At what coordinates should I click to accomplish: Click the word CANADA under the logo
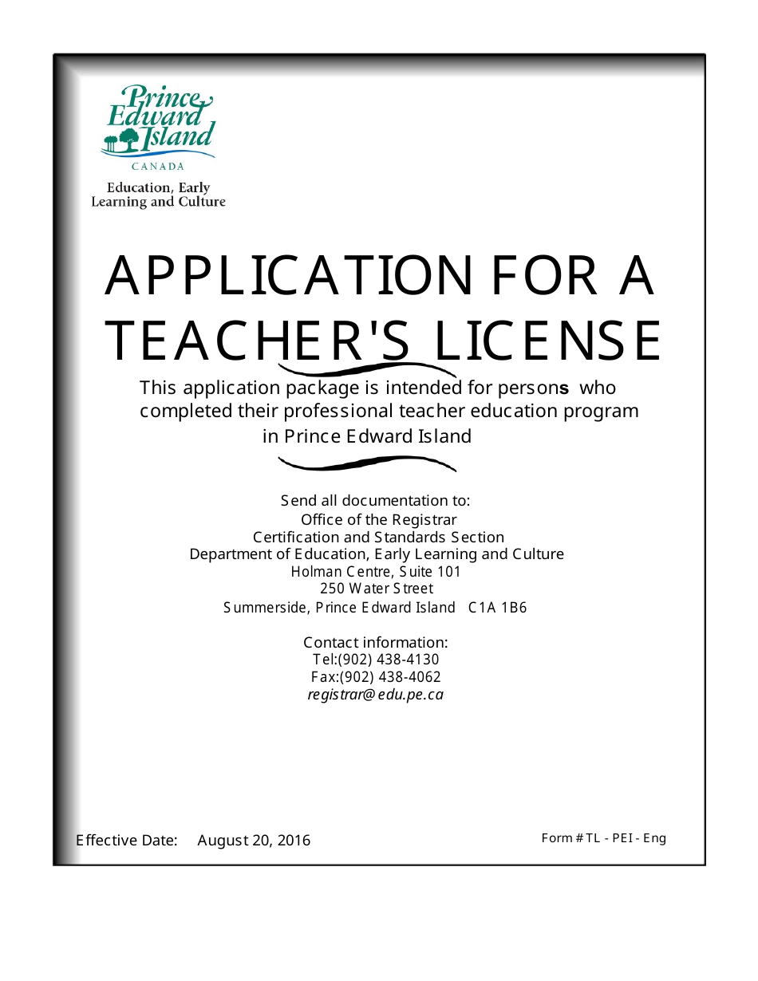coord(158,167)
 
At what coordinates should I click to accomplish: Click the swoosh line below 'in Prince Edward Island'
coord(367,463)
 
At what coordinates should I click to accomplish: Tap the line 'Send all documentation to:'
coord(375,501)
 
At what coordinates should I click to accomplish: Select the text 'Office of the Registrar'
coord(378,520)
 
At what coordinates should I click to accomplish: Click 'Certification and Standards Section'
coord(378,538)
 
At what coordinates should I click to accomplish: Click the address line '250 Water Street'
coord(377,589)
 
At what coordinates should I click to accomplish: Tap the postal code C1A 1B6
coord(497,608)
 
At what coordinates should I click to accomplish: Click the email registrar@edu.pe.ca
coord(375,695)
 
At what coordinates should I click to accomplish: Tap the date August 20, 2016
coord(254,841)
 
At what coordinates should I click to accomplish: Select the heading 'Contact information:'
coord(375,643)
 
